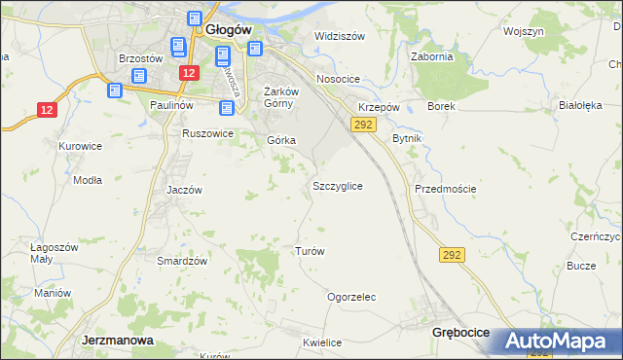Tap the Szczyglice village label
point(338,185)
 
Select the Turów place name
point(309,250)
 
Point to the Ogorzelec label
point(351,297)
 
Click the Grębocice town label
point(460,333)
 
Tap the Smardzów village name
point(182,261)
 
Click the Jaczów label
point(183,190)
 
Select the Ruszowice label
point(207,133)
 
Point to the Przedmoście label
point(445,189)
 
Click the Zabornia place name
point(432,56)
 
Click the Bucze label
point(581,266)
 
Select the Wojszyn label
point(524,31)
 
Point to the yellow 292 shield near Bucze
point(452,255)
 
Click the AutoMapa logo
point(557,342)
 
